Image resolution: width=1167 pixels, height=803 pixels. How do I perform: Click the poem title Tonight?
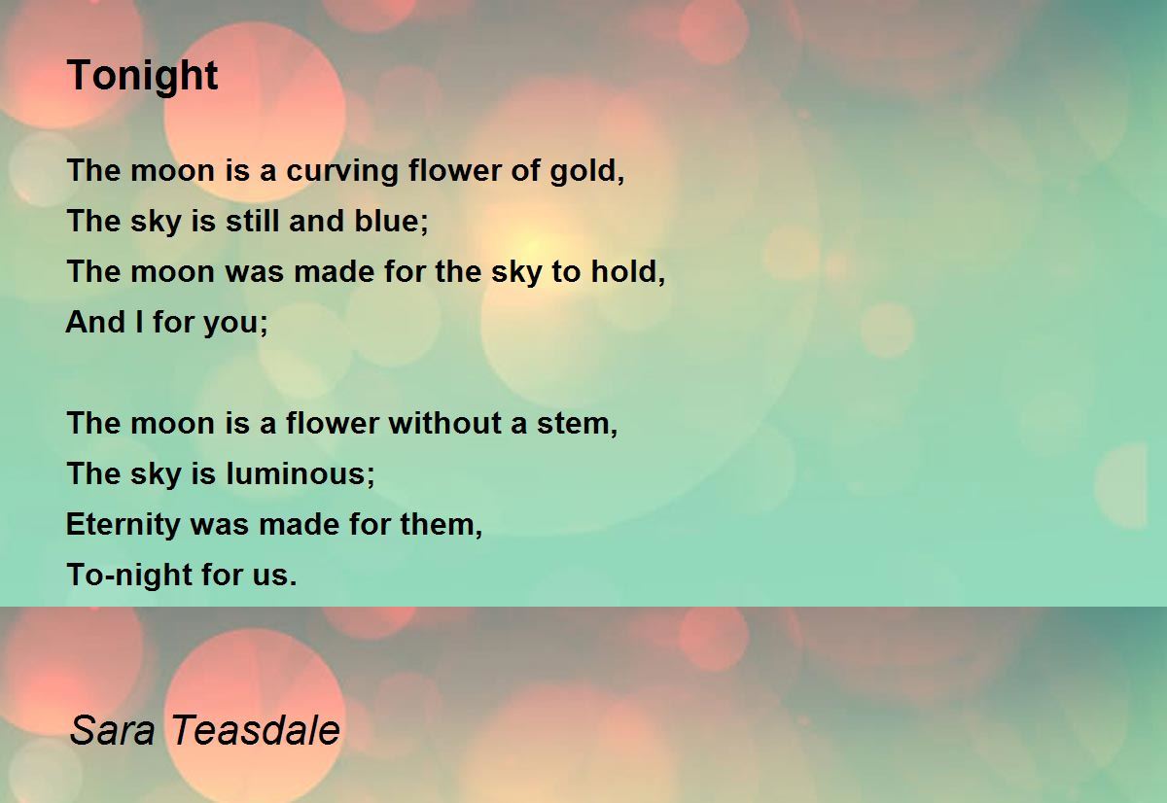[x=142, y=76]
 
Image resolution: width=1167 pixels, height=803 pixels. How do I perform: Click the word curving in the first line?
[x=342, y=172]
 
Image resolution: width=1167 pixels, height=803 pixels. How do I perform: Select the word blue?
[x=386, y=221]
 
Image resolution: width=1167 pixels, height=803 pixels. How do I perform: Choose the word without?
[x=445, y=422]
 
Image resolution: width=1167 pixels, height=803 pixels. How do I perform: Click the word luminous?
[x=296, y=473]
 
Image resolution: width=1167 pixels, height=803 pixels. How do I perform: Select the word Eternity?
[x=123, y=525]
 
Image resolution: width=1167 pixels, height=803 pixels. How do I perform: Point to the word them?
[x=437, y=524]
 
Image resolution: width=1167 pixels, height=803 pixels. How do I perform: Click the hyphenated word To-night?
[x=129, y=576]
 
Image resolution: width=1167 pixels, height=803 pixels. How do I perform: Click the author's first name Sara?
[x=113, y=730]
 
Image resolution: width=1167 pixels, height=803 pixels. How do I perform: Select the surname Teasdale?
[x=255, y=729]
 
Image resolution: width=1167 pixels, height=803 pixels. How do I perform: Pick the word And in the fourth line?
[x=95, y=322]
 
